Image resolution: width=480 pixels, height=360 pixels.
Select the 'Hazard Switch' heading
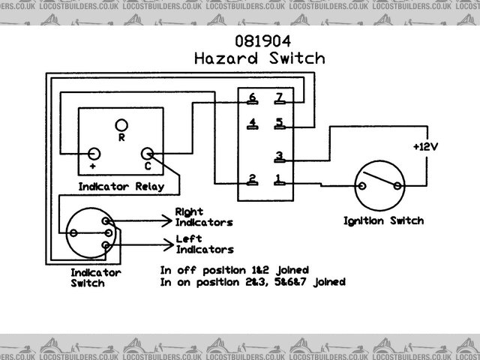point(259,58)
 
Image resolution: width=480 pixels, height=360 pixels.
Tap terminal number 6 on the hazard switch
point(253,98)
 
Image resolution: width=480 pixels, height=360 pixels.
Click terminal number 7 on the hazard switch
point(278,98)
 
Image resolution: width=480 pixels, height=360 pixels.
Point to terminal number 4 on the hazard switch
point(253,123)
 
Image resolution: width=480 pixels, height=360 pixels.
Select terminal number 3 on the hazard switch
point(278,157)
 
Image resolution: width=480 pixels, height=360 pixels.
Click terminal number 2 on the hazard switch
point(253,179)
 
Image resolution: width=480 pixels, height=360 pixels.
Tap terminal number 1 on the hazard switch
point(278,179)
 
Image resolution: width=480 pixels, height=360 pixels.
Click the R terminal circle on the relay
point(121,124)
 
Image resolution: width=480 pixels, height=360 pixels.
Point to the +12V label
point(424,145)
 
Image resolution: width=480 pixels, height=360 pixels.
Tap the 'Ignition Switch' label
point(383,220)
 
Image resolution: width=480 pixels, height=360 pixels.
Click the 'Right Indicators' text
point(203,217)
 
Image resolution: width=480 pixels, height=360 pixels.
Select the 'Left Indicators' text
point(203,244)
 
